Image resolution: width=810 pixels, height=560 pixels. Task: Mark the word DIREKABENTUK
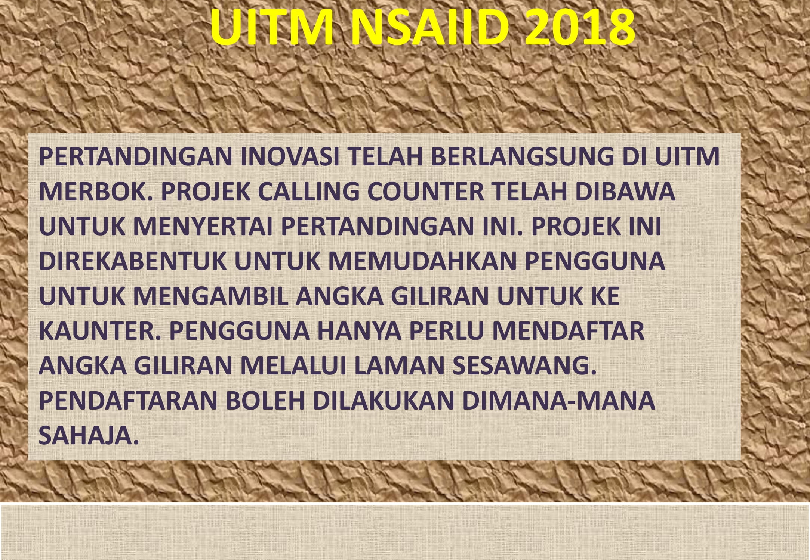[x=133, y=261]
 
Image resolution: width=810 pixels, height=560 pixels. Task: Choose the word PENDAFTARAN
[x=128, y=400]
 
